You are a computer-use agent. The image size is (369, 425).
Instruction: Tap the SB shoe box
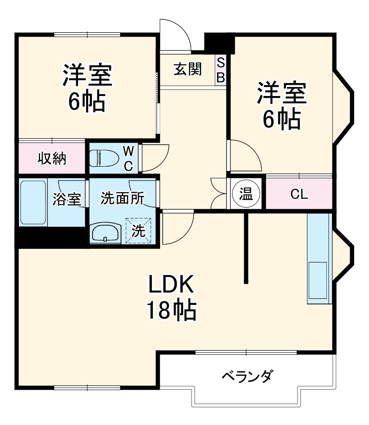click(x=220, y=70)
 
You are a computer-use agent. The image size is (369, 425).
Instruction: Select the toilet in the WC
click(x=104, y=158)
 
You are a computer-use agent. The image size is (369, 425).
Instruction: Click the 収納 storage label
click(x=52, y=158)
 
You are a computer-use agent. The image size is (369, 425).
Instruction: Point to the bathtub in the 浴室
click(x=33, y=202)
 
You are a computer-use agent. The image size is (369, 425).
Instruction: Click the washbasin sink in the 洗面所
click(x=106, y=233)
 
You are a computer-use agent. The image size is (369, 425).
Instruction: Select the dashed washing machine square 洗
click(x=138, y=231)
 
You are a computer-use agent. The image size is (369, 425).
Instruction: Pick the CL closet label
click(x=299, y=194)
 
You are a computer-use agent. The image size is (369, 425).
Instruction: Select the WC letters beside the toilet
click(x=128, y=158)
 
